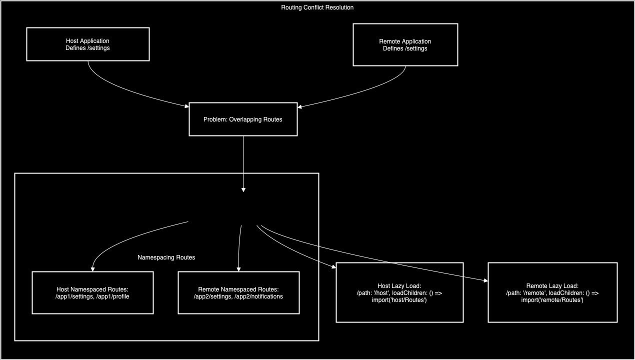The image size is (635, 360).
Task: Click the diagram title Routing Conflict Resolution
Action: [x=317, y=7]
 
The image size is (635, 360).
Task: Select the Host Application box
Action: [x=87, y=44]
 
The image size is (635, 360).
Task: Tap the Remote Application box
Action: [x=405, y=44]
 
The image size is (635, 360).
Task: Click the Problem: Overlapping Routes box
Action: [x=243, y=119]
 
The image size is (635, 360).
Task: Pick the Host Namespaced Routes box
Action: [x=92, y=292]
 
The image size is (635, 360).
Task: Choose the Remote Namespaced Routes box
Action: [x=238, y=292]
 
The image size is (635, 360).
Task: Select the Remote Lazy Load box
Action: [x=552, y=292]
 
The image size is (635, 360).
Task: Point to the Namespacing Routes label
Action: [x=166, y=257]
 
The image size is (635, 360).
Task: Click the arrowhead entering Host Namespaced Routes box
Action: [x=93, y=269]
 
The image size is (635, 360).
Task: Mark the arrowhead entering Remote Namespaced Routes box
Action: [x=238, y=269]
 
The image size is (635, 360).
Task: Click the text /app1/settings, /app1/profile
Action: [x=92, y=296]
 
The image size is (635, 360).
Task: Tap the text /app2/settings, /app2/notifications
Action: [x=238, y=296]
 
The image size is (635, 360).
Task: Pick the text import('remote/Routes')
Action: [x=552, y=299]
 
